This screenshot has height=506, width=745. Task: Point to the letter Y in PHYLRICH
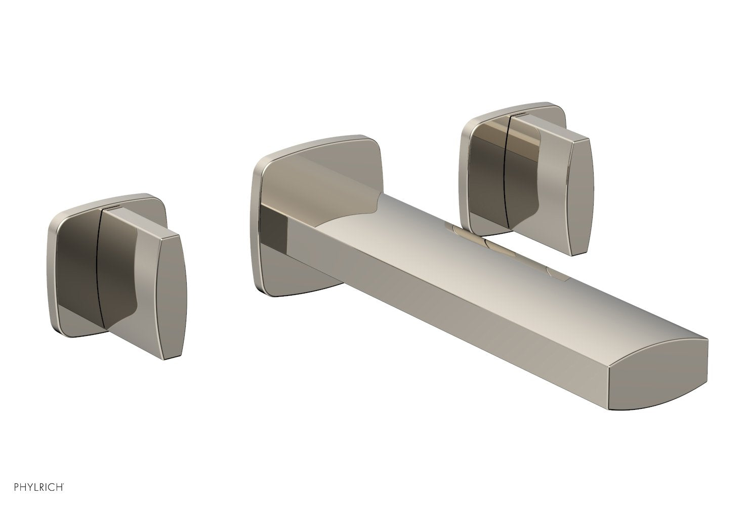(x=24, y=487)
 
